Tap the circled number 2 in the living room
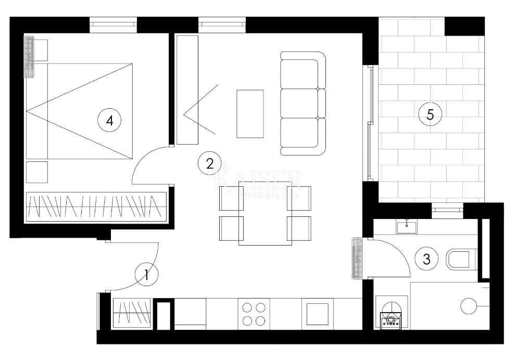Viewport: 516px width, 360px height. pyautogui.click(x=209, y=163)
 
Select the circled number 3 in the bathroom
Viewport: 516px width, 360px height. pyautogui.click(x=427, y=259)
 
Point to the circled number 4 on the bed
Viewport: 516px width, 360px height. pyautogui.click(x=109, y=120)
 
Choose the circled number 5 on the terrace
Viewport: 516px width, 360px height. pyautogui.click(x=430, y=114)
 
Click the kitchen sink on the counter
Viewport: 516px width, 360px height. pyautogui.click(x=317, y=314)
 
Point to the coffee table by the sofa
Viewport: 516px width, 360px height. pyautogui.click(x=250, y=113)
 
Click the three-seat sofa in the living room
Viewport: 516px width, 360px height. pyautogui.click(x=303, y=104)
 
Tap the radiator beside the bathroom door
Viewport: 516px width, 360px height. pyautogui.click(x=357, y=258)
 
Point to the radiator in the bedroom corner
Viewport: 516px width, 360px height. pyautogui.click(x=29, y=56)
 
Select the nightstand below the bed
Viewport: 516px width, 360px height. pyautogui.click(x=37, y=172)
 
